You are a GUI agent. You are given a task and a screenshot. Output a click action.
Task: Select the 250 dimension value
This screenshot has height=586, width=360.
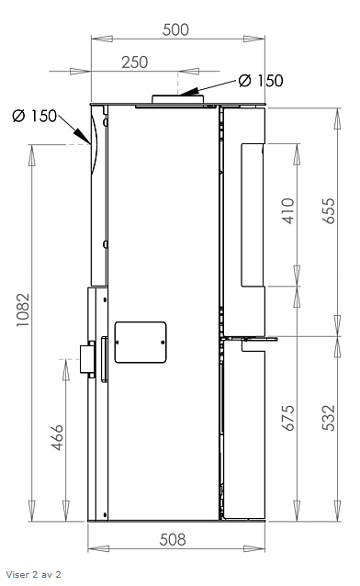(x=135, y=62)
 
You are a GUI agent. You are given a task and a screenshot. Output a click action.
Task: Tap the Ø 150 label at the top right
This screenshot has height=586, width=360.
(x=260, y=81)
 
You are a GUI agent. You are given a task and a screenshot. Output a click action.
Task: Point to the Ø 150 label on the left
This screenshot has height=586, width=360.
(x=35, y=116)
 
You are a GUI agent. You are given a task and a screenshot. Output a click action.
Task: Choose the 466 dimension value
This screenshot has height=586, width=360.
(x=57, y=436)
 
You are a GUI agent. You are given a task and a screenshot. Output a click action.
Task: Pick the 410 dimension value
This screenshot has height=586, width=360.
(x=287, y=214)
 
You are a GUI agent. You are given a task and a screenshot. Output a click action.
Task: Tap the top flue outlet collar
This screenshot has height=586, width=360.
(x=177, y=99)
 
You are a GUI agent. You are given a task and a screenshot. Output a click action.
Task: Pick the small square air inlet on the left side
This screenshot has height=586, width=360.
(x=88, y=359)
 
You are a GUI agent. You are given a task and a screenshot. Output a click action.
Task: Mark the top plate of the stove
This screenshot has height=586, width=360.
(x=177, y=107)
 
